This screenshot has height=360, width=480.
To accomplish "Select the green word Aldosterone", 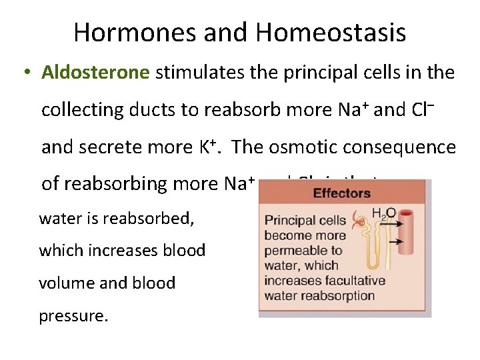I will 95,72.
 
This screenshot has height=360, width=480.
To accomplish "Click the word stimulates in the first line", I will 194,72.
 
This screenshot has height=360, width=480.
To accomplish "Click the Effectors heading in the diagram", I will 341,193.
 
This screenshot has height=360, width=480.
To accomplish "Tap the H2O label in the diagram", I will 383,213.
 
